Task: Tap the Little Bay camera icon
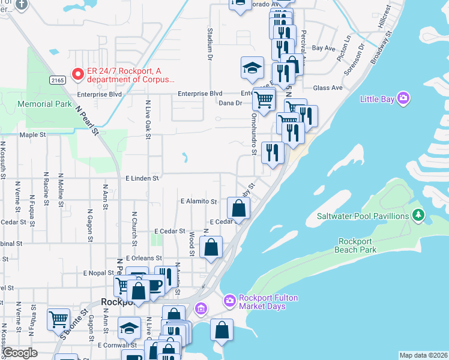[x=403, y=98]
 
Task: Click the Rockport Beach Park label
[x=357, y=245]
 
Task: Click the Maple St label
[x=33, y=135]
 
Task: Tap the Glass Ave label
[x=328, y=88]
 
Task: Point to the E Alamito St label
[x=199, y=202]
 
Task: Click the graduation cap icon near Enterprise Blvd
[x=253, y=68]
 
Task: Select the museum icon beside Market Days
[x=201, y=310]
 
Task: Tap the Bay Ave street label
[x=323, y=47]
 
